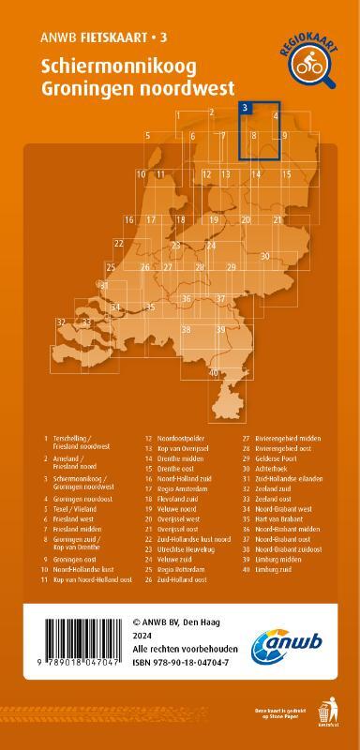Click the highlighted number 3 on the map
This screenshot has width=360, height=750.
point(245,108)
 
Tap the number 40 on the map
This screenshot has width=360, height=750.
point(215,373)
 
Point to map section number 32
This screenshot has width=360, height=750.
point(61,322)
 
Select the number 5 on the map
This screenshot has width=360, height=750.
point(148,136)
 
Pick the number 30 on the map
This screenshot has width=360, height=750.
point(265,255)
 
